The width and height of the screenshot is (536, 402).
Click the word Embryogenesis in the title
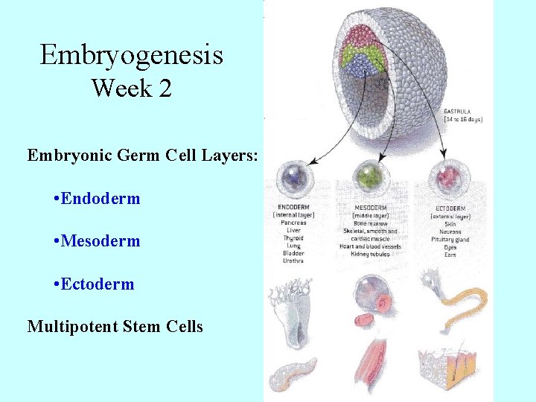pyautogui.click(x=132, y=55)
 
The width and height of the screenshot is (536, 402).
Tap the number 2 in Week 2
pyautogui.click(x=165, y=89)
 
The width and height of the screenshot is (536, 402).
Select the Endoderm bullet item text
pyautogui.click(x=101, y=199)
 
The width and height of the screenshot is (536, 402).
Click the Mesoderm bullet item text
pyautogui.click(x=101, y=241)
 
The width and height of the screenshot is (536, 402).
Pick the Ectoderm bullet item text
pyautogui.click(x=98, y=284)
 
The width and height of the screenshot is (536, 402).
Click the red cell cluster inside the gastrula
pyautogui.click(x=360, y=36)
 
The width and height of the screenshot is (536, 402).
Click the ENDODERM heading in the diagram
pyautogui.click(x=293, y=206)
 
